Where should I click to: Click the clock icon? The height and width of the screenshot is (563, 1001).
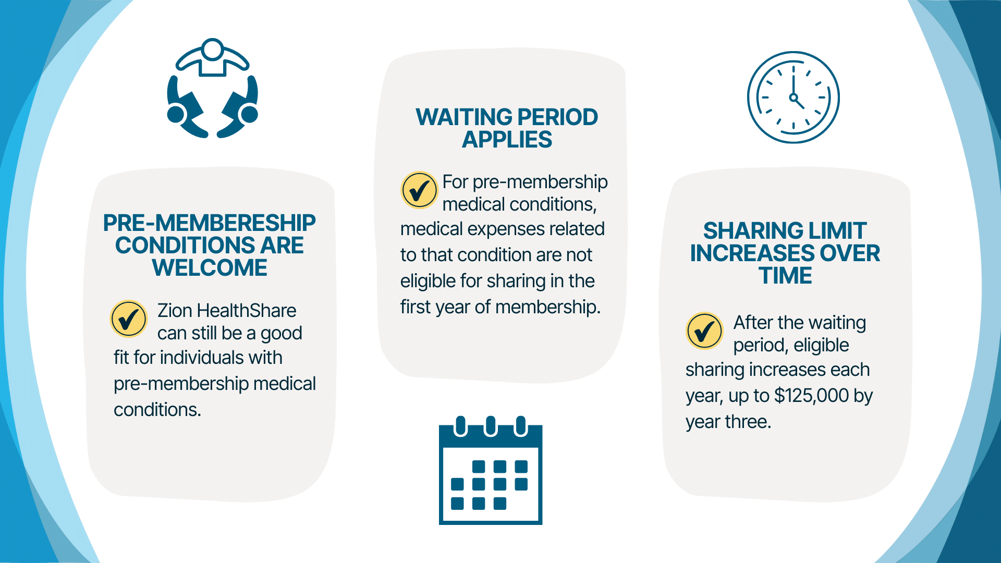(793, 97)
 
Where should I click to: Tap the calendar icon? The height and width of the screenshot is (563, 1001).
(491, 470)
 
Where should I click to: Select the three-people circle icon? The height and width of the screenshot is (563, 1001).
(212, 88)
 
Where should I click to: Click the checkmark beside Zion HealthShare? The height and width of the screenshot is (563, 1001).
(129, 319)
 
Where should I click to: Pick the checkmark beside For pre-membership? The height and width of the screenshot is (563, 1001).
(419, 190)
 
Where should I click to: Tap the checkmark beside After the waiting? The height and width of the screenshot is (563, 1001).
(704, 331)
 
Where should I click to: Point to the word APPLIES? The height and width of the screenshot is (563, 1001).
(507, 140)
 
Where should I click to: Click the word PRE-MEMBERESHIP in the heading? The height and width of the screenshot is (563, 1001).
(209, 223)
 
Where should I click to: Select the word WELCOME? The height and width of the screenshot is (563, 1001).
(210, 268)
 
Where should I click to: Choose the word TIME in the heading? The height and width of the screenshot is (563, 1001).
(785, 276)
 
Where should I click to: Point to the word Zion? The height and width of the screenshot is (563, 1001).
(175, 311)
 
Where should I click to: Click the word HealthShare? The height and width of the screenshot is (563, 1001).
(247, 311)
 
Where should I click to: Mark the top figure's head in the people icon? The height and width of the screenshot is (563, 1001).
(212, 50)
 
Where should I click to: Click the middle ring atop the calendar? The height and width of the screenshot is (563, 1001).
(490, 425)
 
